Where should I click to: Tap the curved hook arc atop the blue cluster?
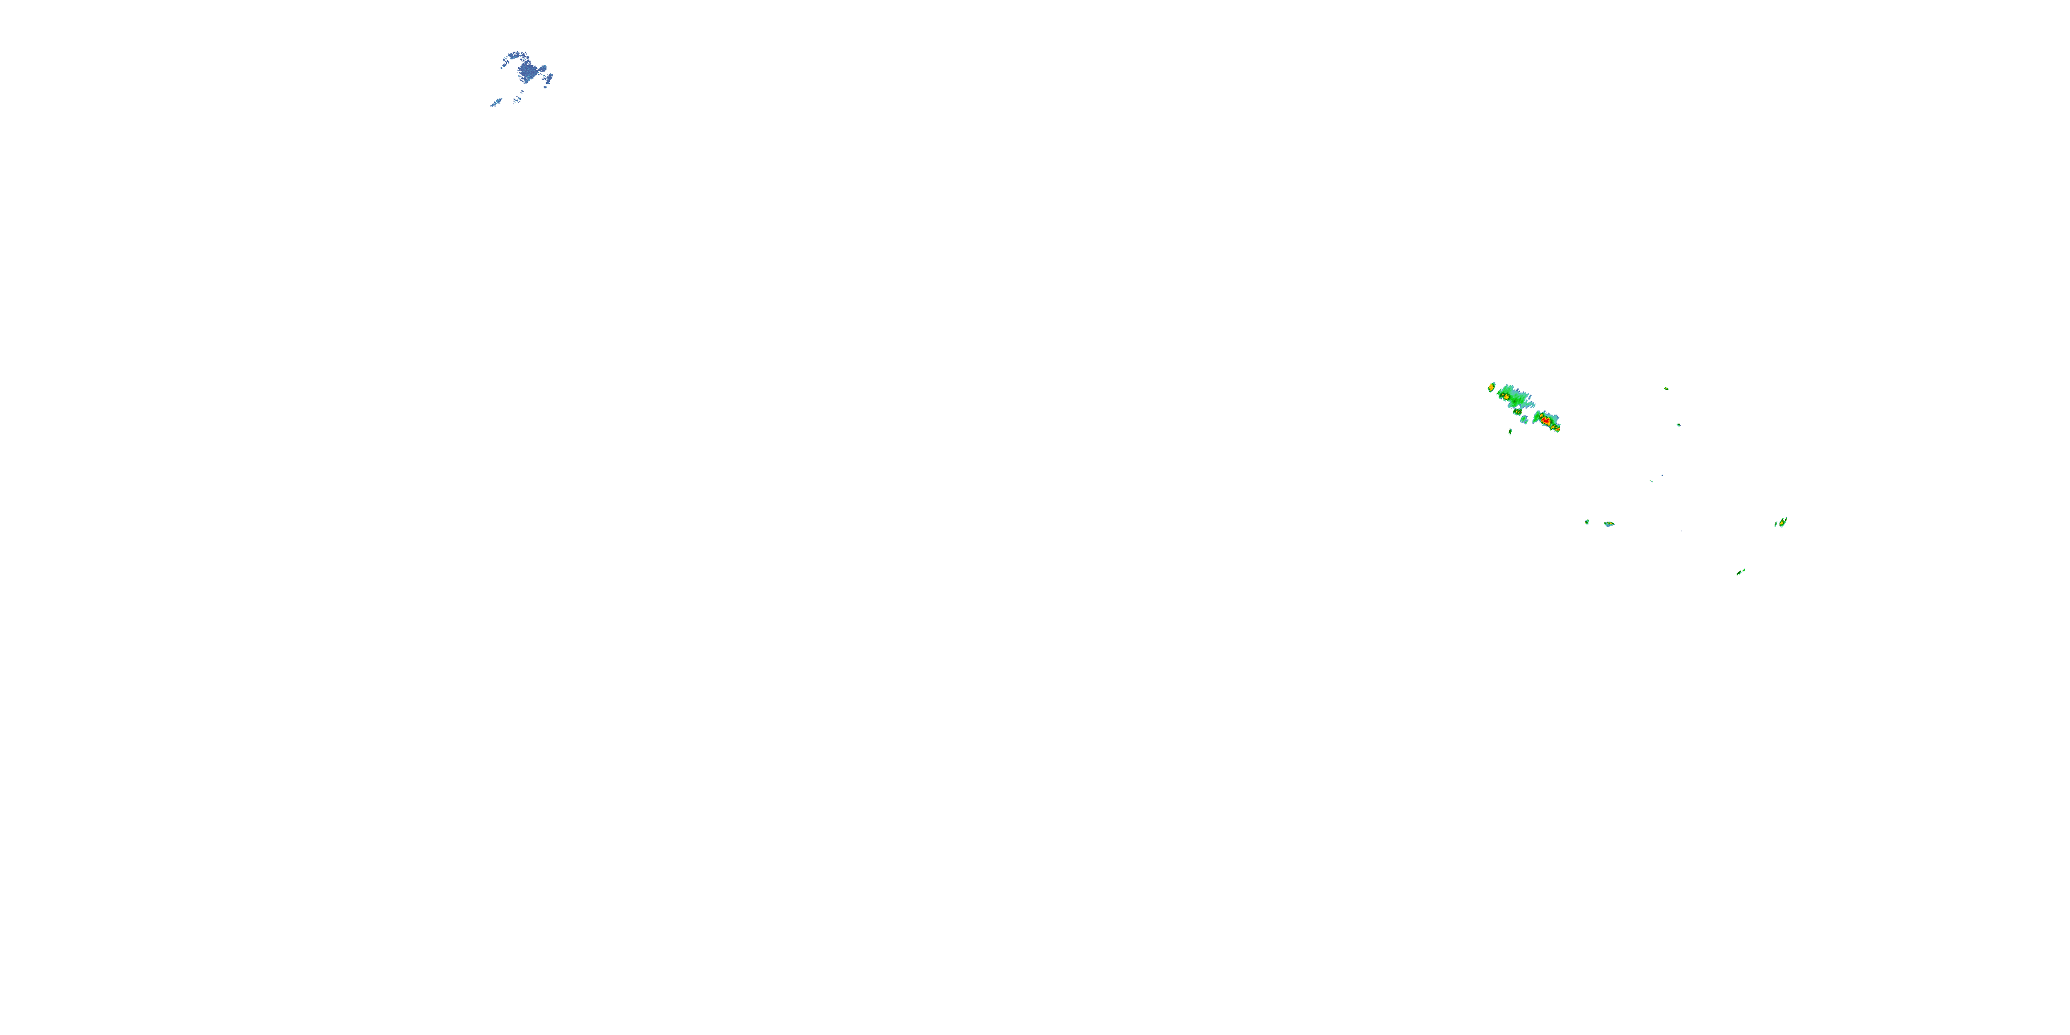coord(514,55)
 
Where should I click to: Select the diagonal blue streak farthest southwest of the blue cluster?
coord(497,102)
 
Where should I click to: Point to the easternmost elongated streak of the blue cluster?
coord(550,78)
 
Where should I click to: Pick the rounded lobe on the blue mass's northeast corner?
coord(543,68)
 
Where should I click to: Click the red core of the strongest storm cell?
coord(1546,421)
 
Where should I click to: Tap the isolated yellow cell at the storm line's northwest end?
coord(1491,387)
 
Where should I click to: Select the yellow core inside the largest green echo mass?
coord(1508,397)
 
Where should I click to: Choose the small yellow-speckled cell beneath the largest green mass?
coord(1518,412)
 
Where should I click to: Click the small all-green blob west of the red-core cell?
coord(1524,420)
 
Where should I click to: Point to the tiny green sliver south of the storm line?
coord(1510,433)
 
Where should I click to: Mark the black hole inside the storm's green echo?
coord(1519,406)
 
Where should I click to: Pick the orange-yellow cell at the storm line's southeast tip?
coord(1559,429)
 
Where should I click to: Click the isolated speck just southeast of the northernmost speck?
coord(1679,424)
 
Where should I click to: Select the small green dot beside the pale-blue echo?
coord(1587,522)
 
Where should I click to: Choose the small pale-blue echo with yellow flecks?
coord(1609,524)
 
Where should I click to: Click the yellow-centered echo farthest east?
coord(1782,522)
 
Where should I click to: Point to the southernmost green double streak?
coord(1741,572)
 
